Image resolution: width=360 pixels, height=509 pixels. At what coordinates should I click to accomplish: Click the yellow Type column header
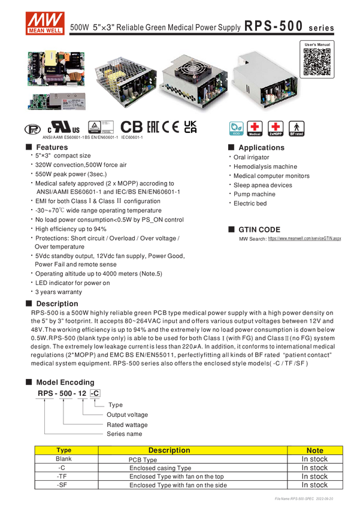pos(64,450)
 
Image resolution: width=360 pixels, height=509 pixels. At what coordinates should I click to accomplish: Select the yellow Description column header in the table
pos(169,450)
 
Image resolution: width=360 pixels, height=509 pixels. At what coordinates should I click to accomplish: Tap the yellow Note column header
pos(314,450)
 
